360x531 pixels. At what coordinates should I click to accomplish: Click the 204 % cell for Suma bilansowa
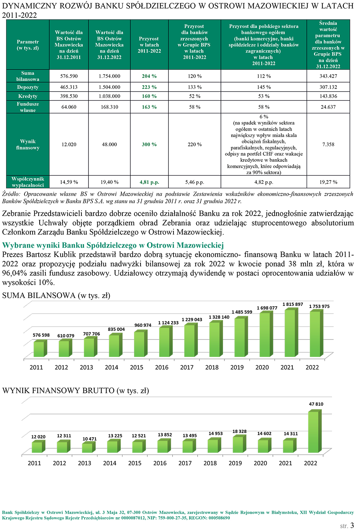pos(149,76)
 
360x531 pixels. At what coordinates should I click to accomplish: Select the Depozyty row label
pos(28,87)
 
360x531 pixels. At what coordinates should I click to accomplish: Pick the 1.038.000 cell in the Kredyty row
pos(109,96)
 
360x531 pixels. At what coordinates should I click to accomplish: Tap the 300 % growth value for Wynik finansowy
pos(149,144)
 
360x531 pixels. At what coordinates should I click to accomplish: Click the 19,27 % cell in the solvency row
pos(328,182)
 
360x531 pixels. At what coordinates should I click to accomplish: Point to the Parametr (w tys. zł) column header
pos(28,45)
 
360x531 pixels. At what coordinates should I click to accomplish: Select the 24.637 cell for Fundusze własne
pos(328,107)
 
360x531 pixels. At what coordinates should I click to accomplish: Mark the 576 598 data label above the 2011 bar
pos(41,335)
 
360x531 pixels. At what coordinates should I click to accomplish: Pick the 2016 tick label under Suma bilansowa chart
pos(162,367)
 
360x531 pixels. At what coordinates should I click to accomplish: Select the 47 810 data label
pos(316,404)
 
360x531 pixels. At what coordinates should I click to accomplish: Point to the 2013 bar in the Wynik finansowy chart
pos(88,447)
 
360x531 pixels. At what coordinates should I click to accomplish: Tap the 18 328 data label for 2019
pos(239,432)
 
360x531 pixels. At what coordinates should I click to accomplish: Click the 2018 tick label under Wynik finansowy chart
pos(210,463)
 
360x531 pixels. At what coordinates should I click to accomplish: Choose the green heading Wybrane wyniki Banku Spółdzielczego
pos(113,245)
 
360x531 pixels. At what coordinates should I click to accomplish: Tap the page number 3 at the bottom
pos(352,525)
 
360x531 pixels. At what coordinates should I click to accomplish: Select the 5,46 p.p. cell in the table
pos(195,182)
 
